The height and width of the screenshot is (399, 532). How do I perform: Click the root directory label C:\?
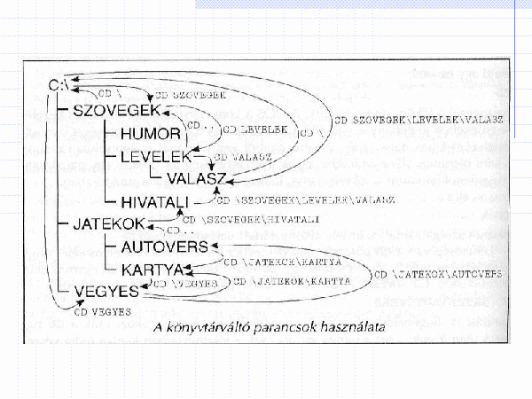[60, 86]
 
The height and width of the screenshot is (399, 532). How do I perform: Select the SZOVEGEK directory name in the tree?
[116, 112]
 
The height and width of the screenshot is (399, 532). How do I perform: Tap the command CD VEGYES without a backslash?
[102, 311]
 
